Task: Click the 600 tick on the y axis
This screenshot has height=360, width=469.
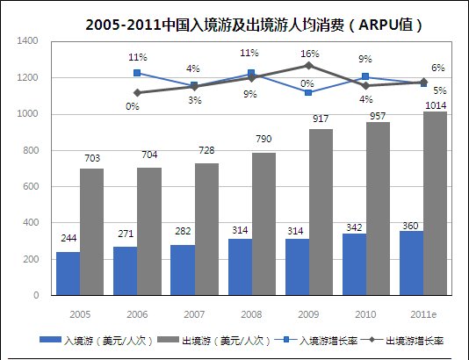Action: point(31,187)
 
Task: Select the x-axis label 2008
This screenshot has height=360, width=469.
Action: point(251,312)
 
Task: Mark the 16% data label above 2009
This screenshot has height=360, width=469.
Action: point(309,54)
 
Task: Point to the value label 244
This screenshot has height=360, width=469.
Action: point(69,238)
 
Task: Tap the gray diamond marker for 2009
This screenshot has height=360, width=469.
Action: point(308,66)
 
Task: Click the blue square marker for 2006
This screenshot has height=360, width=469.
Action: point(137,74)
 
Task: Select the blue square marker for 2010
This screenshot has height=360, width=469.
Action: point(365,77)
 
